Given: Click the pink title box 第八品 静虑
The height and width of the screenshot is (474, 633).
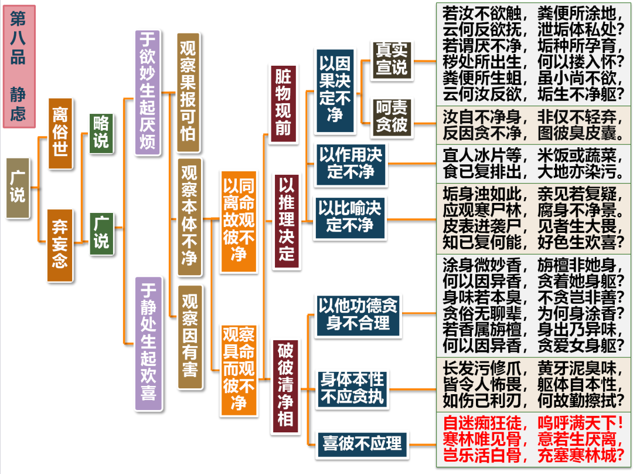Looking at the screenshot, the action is tap(18, 66).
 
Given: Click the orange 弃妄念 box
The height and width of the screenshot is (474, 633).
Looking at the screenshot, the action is tap(60, 245).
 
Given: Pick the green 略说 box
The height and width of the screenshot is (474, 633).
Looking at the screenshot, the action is tap(101, 133).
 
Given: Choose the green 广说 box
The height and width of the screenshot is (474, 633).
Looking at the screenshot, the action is tap(101, 233).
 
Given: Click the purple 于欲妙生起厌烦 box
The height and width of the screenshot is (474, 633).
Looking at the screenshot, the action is tap(148, 92).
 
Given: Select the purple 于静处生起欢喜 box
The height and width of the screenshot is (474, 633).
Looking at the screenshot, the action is tap(148, 343).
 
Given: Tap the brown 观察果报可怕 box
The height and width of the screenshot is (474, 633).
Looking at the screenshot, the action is tap(188, 92).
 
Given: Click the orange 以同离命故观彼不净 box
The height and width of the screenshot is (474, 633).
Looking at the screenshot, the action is tap(238, 221).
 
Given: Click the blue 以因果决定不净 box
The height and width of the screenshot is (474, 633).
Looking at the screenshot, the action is tap(335, 90).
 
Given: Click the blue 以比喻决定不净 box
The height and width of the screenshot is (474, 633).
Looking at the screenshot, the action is tap(350, 216).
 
